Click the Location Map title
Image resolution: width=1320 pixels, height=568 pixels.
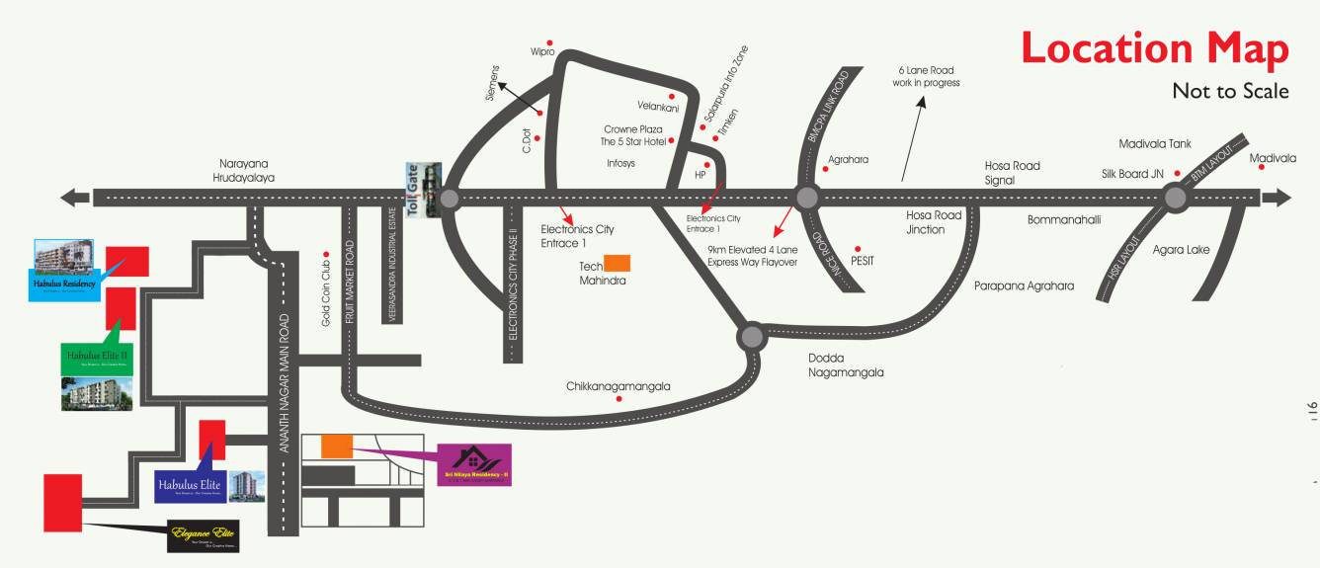[1154, 48]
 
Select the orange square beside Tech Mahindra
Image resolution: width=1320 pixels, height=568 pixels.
[618, 263]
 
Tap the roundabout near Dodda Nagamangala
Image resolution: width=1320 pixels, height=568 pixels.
[752, 337]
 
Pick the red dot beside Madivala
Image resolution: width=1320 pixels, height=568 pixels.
[1262, 168]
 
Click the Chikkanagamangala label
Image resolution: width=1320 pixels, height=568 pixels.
[619, 386]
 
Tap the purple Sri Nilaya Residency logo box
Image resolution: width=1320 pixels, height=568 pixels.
[474, 464]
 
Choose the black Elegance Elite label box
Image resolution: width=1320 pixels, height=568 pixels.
[203, 535]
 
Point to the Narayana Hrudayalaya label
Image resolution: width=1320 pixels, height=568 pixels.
[247, 170]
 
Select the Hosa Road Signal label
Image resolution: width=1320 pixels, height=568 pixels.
[1012, 173]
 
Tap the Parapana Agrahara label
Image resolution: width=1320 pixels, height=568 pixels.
[1024, 286]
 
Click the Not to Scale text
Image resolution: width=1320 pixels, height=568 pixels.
[1230, 91]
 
